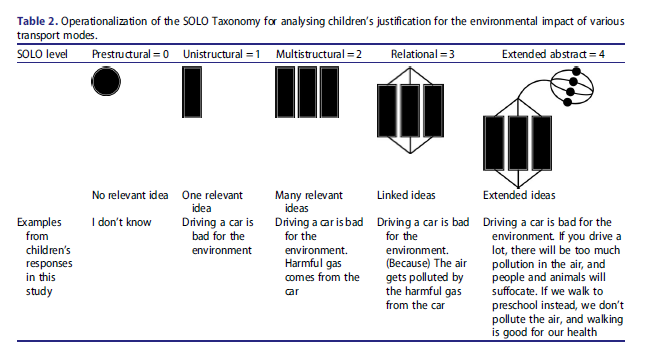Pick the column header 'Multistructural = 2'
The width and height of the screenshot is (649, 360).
tap(318, 52)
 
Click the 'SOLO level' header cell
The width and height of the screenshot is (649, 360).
tap(43, 52)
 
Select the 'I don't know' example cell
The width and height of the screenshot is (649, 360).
tap(121, 222)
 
